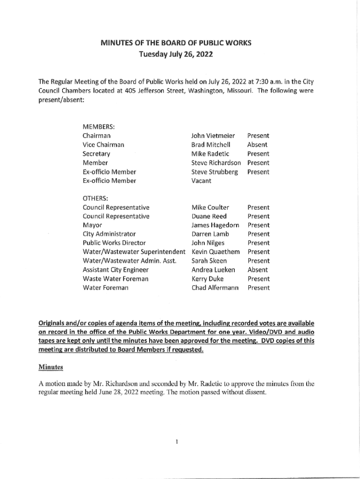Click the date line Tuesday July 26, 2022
coord(176,54)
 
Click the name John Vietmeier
coord(213,136)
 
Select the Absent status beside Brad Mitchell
coord(257,145)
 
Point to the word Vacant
coord(202,181)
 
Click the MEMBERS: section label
coord(99,127)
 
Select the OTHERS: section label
coord(95,198)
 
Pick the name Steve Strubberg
coord(215,172)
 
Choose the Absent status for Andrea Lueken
coord(258,270)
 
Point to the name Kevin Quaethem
coord(216,252)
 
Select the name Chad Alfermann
coord(215,288)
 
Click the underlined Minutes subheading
coord(50,367)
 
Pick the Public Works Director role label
coord(114,243)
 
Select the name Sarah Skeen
coord(209,261)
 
